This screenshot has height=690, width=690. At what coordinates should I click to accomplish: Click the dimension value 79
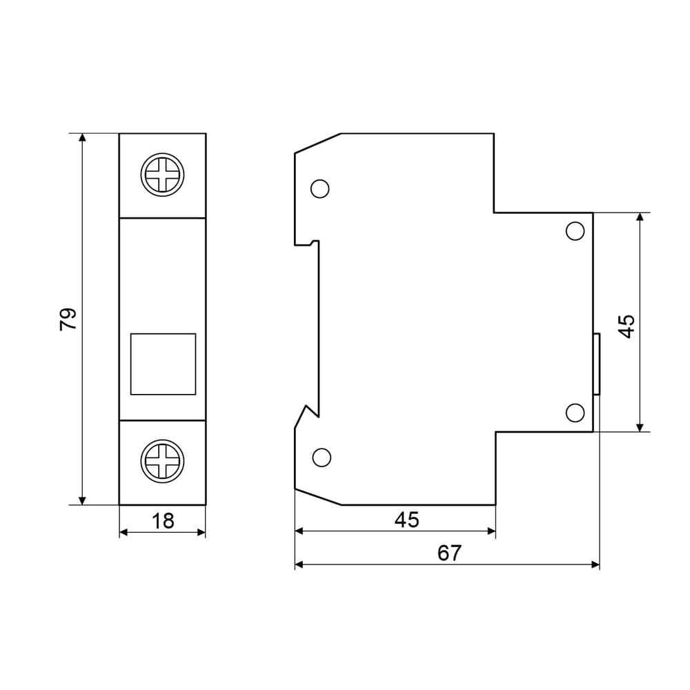[x=68, y=319]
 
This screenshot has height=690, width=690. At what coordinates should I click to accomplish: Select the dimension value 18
[x=163, y=521]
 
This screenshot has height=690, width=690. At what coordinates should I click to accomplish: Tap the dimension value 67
[x=449, y=553]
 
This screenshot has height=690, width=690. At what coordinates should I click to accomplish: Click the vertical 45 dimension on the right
[x=627, y=326]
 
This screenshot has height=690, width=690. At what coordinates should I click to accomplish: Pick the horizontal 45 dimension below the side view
[x=406, y=520]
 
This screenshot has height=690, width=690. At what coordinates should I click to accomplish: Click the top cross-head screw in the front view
[x=162, y=175]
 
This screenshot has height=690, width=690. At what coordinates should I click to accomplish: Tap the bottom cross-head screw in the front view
[x=162, y=461]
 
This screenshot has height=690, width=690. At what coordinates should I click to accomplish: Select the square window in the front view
[x=164, y=364]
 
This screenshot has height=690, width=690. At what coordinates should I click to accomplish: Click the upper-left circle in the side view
[x=320, y=189]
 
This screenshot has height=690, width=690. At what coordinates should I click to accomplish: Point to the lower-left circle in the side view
[x=322, y=457]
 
